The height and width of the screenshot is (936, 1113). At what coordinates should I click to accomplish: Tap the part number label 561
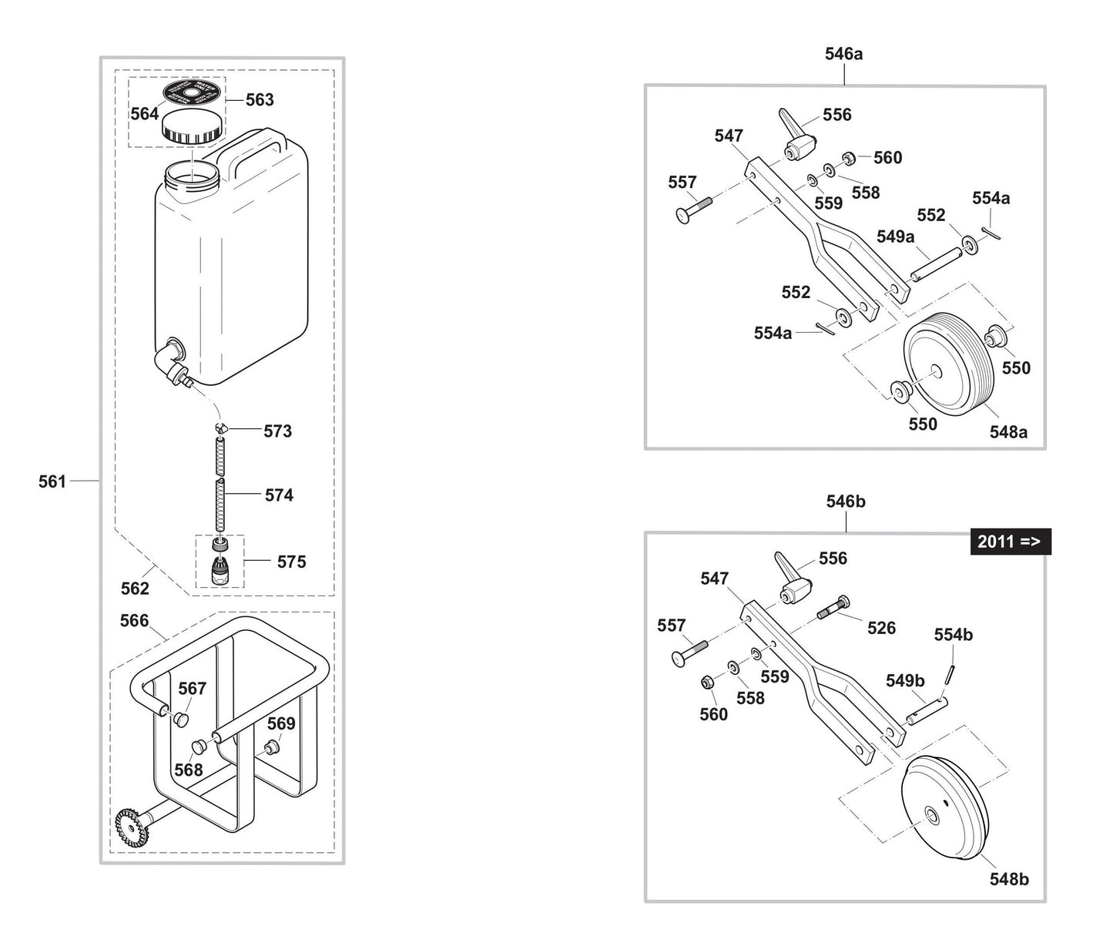pos(52,481)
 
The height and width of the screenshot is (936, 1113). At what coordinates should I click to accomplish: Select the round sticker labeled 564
pos(193,92)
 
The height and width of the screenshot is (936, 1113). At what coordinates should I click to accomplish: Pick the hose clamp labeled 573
pos(222,428)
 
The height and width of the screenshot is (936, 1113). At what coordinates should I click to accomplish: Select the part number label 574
pos(279,495)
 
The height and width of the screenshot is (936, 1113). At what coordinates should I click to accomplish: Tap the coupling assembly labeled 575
pos(221,562)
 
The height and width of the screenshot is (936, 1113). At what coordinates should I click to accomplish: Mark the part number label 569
pos(281,723)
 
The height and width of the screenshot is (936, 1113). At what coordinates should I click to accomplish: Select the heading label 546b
pos(845,502)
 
